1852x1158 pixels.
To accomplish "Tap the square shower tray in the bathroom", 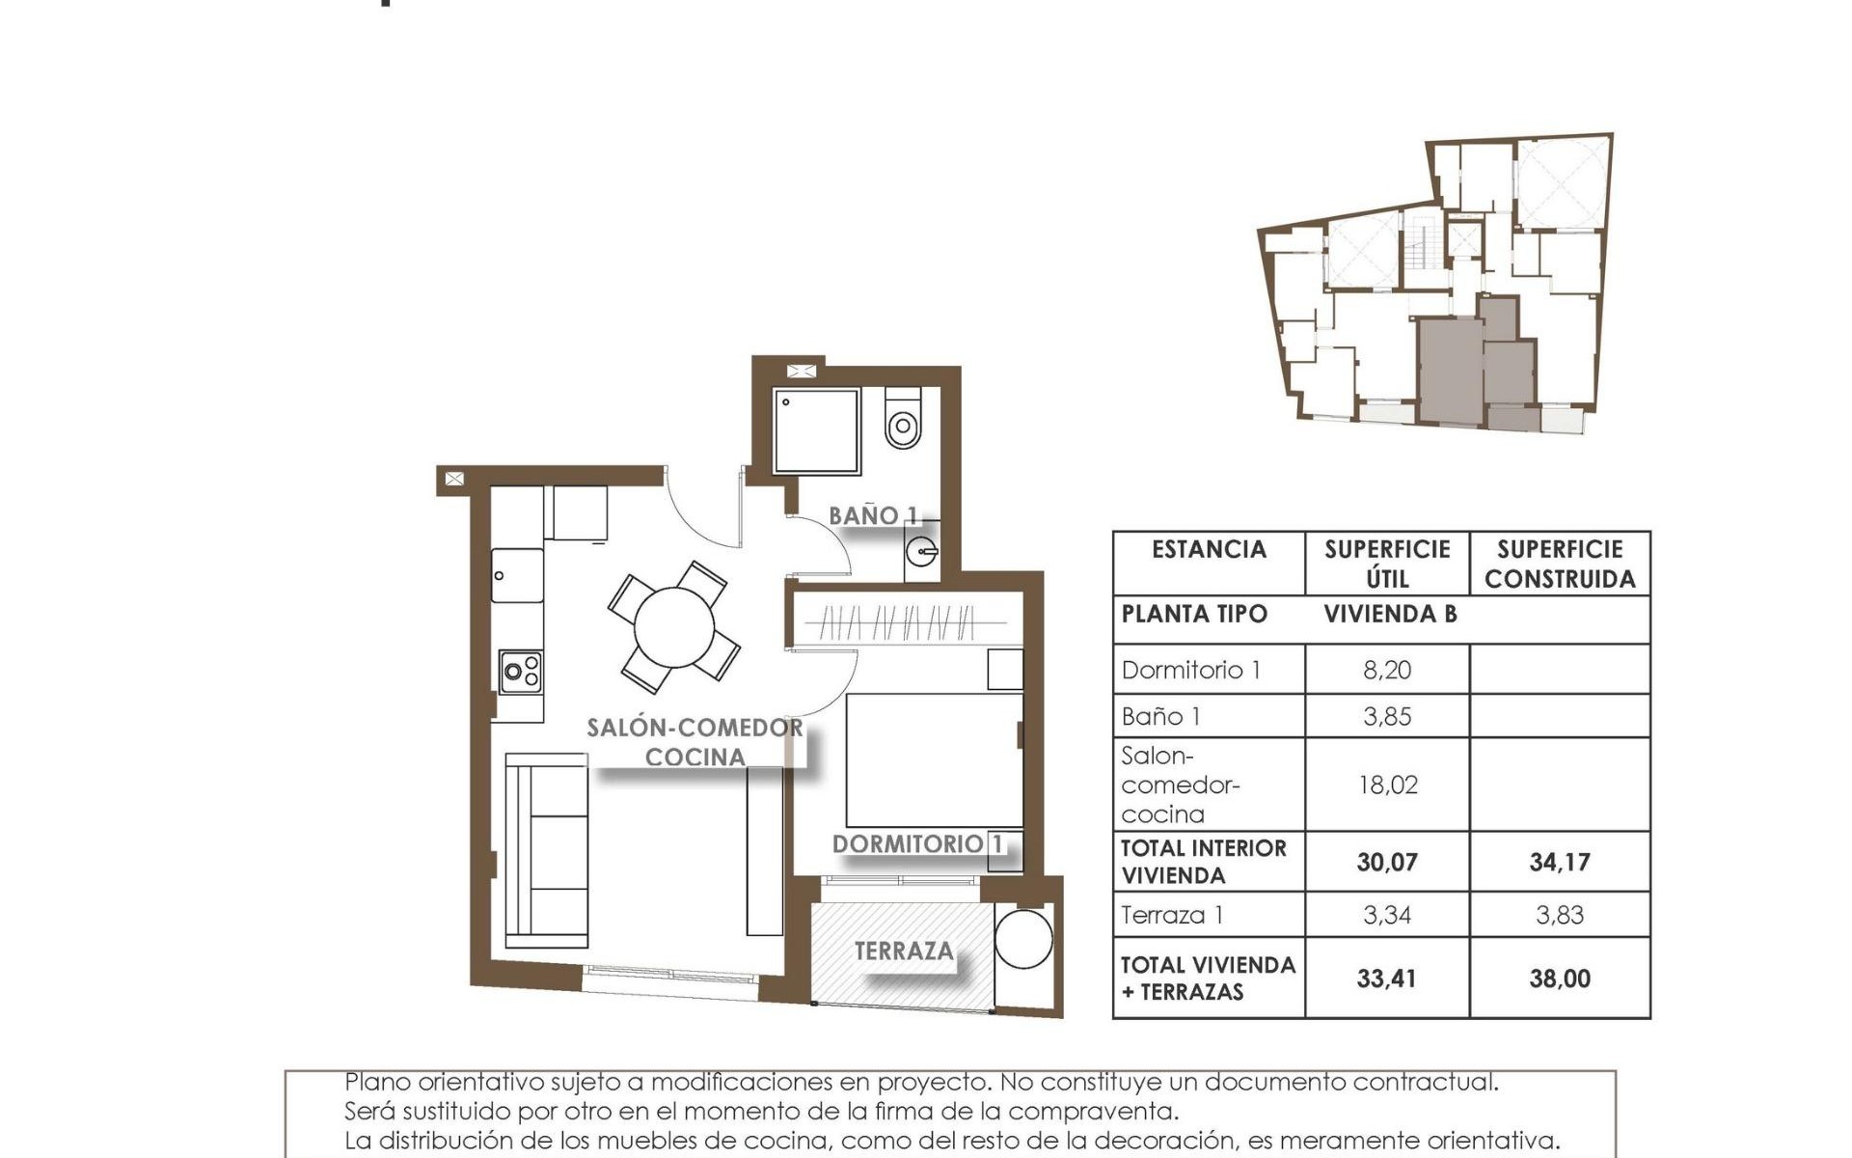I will pos(816,430).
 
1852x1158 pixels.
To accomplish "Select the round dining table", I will pos(674,626).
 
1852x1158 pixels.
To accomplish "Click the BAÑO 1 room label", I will pos(873,516).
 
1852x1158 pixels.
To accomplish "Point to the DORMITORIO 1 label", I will pos(917,844).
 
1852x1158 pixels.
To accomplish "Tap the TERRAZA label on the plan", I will pos(903,951).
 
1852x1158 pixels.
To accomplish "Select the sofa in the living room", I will pos(547,849).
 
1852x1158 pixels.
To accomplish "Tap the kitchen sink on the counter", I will pos(518,575).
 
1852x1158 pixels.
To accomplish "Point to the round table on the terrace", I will pos(1023,938).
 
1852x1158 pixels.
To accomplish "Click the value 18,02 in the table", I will pos(1387,785).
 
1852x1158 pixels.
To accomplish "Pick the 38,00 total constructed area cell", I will pos(1559,979).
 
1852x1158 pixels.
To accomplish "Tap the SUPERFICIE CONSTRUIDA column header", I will pos(1559,564).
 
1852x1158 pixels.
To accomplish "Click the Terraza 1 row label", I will pos(1172,915).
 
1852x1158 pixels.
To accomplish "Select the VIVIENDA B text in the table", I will pos(1389,615).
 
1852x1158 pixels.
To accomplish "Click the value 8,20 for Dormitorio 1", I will pos(1387,670).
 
